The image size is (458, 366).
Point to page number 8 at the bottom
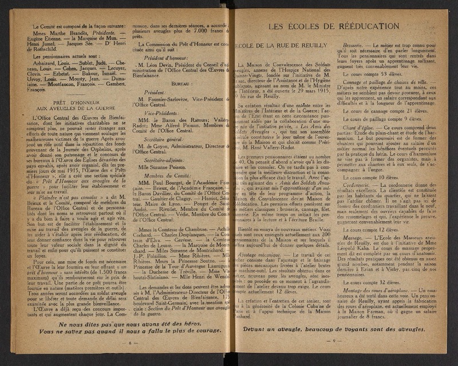[x=131, y=342]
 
